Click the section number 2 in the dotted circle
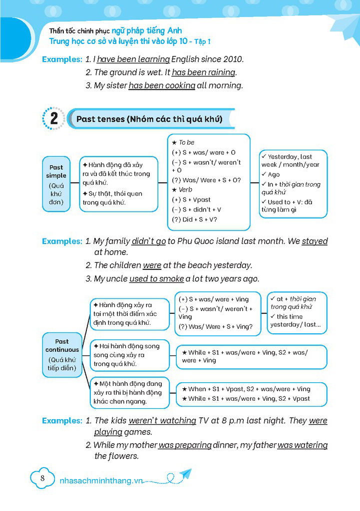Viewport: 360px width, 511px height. click(x=54, y=119)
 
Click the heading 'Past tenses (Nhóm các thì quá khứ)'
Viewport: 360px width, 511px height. click(x=149, y=119)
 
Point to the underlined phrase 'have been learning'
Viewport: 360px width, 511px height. click(x=133, y=59)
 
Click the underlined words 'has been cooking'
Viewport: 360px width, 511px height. click(x=162, y=85)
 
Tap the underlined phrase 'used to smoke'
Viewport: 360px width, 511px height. click(x=156, y=278)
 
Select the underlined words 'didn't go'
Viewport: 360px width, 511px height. click(x=148, y=241)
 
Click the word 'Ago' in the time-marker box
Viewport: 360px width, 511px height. click(x=274, y=175)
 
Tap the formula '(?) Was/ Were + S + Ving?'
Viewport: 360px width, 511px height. click(x=216, y=327)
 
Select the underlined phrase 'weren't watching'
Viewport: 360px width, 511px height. click(x=162, y=420)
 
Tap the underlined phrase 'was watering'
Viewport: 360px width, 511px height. click(x=303, y=445)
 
